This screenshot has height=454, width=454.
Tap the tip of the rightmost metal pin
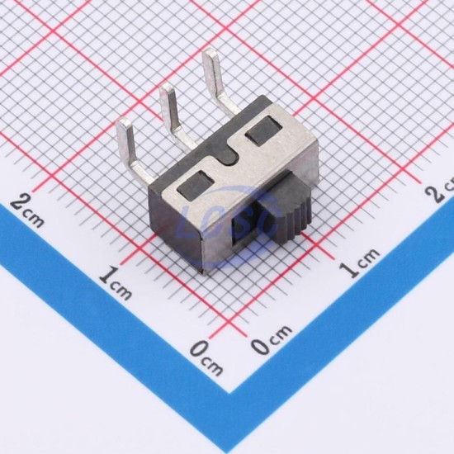tap(210, 54)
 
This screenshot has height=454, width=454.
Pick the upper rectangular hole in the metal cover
tap(263, 131)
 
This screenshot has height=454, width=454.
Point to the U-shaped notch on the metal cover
tap(228, 155)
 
